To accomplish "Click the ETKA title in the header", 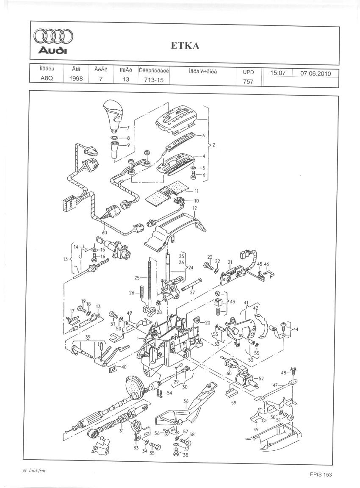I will pos(185,46).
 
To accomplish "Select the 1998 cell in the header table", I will pos(76,79).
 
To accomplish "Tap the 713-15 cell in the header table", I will pos(154,79).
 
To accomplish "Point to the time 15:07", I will pos(278,73).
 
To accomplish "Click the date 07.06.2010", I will pos(315,73).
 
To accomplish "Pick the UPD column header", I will pos(248,72).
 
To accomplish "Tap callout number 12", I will pos(195,208).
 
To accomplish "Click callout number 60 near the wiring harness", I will pos(104,232).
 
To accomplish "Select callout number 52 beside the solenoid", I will pos(260,378).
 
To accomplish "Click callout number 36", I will pos(186,400).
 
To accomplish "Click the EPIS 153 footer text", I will pos(321,474).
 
